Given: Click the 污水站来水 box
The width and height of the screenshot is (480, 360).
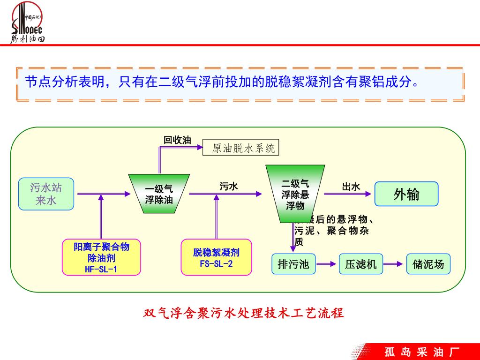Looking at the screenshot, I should pyautogui.click(x=46, y=194).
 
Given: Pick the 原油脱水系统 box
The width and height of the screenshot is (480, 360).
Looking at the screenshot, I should pyautogui.click(x=241, y=148).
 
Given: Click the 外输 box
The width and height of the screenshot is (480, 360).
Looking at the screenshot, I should pyautogui.click(x=406, y=194).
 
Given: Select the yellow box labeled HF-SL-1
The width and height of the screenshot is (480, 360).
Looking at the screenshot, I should pyautogui.click(x=101, y=257).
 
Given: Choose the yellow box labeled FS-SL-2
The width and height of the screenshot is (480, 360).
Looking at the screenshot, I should pyautogui.click(x=216, y=257).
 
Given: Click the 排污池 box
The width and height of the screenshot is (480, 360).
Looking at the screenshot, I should pyautogui.click(x=293, y=264).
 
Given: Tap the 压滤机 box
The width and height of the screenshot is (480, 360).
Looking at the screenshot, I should pyautogui.click(x=360, y=264).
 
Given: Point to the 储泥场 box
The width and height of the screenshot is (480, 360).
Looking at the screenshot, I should pyautogui.click(x=428, y=264).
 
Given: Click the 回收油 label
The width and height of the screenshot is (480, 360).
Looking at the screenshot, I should pyautogui.click(x=177, y=140).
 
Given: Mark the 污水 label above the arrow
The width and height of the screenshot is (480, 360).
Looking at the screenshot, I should pyautogui.click(x=229, y=187).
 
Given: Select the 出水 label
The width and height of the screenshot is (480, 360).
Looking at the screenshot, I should pyautogui.click(x=351, y=187).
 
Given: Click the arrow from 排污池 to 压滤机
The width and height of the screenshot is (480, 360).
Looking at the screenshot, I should pyautogui.click(x=327, y=265).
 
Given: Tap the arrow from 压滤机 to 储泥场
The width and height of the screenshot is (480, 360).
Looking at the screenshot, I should pyautogui.click(x=394, y=265).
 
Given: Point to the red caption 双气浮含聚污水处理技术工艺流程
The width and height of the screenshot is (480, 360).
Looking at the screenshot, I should pyautogui.click(x=243, y=313).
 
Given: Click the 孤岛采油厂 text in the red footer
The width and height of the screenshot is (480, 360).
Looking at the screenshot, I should pyautogui.click(x=421, y=352).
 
